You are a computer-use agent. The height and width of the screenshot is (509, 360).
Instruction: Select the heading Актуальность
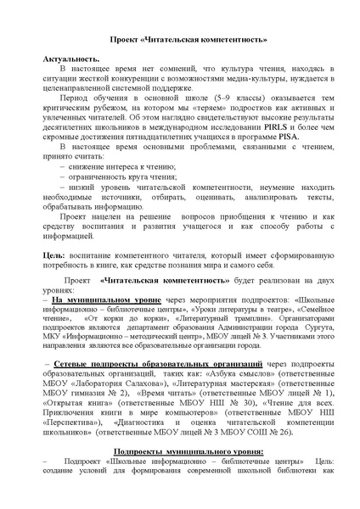[x=69, y=64]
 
